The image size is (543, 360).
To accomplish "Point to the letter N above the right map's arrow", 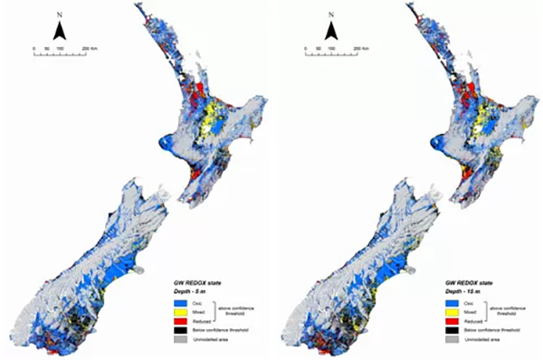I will tap(332, 15).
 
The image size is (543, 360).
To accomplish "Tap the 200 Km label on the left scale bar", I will tap(90, 46).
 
